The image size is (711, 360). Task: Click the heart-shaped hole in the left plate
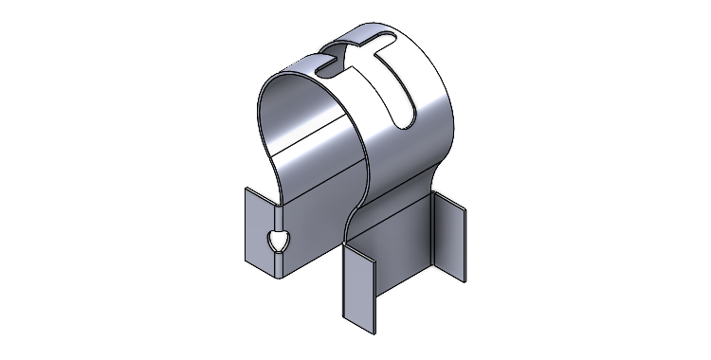[278, 242]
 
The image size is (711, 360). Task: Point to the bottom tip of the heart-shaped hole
[279, 253]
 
